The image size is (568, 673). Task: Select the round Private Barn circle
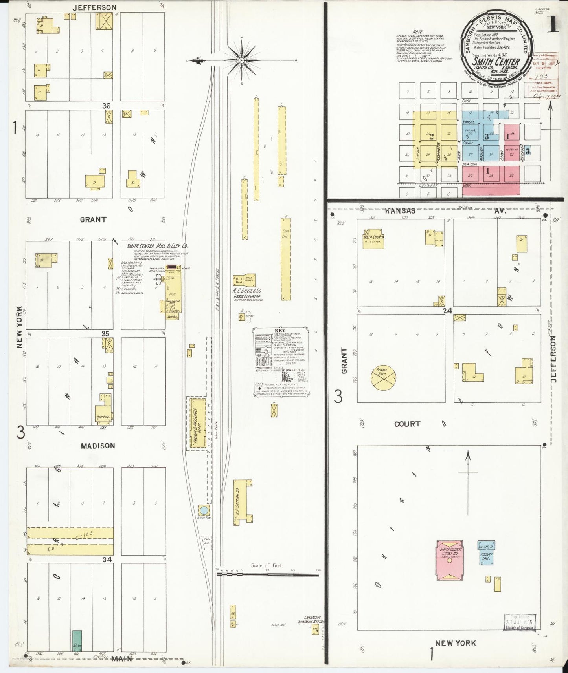pyautogui.click(x=383, y=378)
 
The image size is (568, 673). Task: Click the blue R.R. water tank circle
pyautogui.click(x=204, y=510)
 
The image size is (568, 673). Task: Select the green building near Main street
pyautogui.click(x=77, y=641)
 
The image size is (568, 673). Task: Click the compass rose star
pyautogui.click(x=241, y=60)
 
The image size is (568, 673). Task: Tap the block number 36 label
pyautogui.click(x=106, y=106)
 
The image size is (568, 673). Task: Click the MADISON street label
pyautogui.click(x=98, y=446)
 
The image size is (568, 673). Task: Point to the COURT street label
pyautogui.click(x=407, y=424)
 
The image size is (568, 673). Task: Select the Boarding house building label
pyautogui.click(x=103, y=417)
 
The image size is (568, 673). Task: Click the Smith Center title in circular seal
pyautogui.click(x=496, y=61)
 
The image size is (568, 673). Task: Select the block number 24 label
pyautogui.click(x=448, y=311)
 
